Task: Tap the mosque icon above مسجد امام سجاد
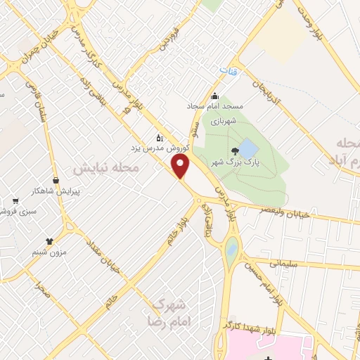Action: pyautogui.click(x=215, y=96)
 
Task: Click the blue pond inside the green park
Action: pyautogui.click(x=248, y=148)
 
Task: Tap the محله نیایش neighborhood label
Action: pyautogui.click(x=106, y=169)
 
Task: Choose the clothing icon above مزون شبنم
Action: pyautogui.click(x=49, y=241)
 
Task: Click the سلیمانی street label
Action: pyautogui.click(x=285, y=263)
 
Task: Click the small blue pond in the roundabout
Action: pyautogui.click(x=232, y=247)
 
